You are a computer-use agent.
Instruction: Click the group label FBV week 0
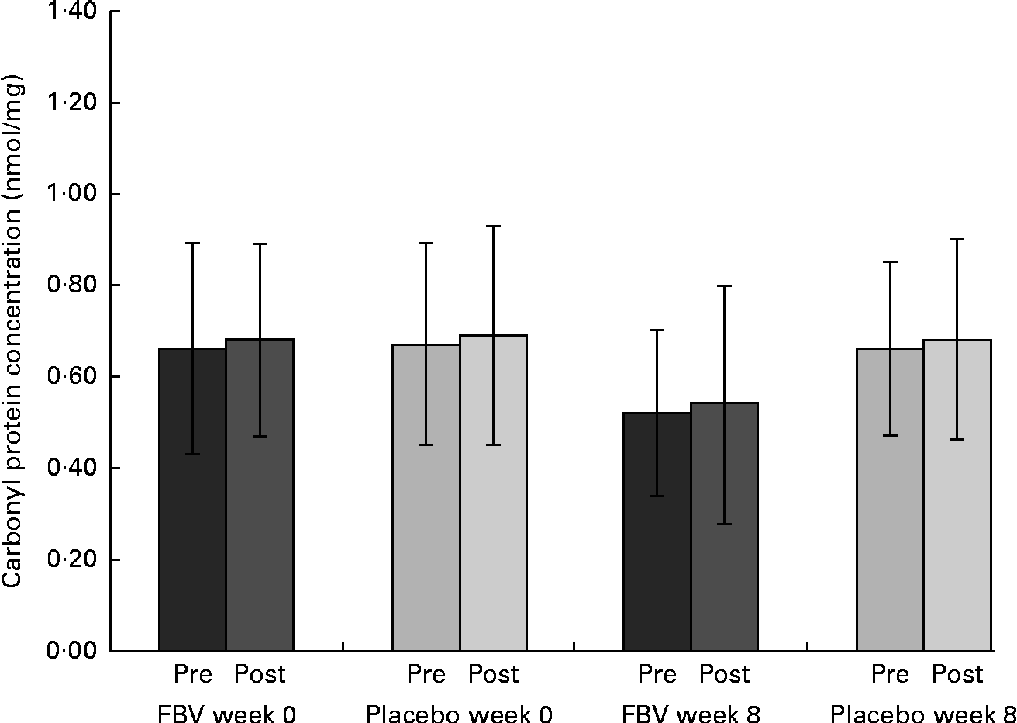227,713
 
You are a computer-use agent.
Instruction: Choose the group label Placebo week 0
460,713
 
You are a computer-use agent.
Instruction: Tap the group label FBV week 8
691,713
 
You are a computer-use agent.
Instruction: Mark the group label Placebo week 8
922,713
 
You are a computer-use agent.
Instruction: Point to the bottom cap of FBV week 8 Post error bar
724,524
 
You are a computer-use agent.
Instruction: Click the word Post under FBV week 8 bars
724,674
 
